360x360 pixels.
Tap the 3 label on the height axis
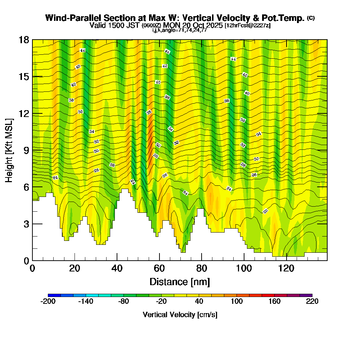[26, 224]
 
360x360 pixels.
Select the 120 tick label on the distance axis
[287, 269]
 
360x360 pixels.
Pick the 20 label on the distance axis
[75, 269]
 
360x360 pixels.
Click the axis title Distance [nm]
[180, 281]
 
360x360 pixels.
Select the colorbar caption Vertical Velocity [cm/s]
[180, 315]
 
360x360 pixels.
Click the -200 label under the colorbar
[48, 301]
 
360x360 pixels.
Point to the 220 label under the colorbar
[312, 301]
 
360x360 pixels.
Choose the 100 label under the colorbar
[237, 301]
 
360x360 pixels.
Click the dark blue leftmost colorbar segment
[54, 295]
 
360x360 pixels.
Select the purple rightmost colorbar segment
[306, 295]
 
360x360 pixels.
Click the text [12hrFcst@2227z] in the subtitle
[247, 26]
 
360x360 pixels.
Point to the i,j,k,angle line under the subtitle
[180, 30]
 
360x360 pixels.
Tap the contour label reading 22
[265, 211]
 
